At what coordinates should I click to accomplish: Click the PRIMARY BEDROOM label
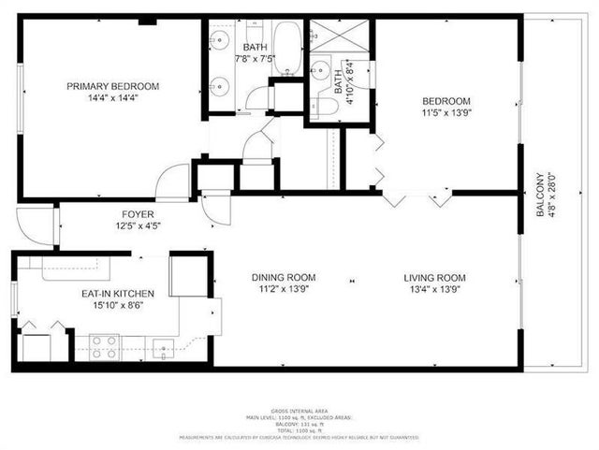click(112, 86)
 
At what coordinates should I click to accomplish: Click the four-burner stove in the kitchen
click(104, 347)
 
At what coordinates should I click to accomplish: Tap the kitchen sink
click(165, 350)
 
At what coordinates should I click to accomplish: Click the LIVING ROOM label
click(434, 277)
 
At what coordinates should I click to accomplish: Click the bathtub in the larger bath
click(286, 49)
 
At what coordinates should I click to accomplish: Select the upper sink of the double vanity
click(220, 40)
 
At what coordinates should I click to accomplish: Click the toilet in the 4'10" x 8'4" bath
click(323, 106)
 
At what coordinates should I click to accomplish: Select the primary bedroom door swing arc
click(174, 182)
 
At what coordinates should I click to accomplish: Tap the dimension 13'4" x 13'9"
click(434, 289)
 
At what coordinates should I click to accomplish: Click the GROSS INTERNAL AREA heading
click(299, 411)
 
